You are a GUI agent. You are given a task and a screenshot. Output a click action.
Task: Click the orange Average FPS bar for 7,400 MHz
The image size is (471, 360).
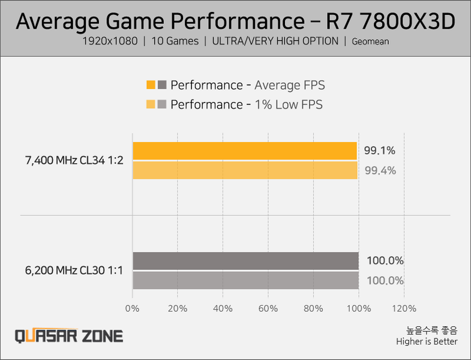(245, 151)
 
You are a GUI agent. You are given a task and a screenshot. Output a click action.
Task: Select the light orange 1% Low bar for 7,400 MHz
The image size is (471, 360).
(245, 170)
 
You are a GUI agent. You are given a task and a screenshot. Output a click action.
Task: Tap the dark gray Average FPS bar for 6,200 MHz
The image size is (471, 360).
(245, 261)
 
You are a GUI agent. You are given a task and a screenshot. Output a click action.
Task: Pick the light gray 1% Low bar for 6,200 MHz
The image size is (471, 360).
(245, 280)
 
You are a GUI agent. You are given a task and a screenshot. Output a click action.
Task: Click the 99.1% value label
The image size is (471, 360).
(380, 151)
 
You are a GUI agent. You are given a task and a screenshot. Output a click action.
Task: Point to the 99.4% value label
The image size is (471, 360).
(380, 170)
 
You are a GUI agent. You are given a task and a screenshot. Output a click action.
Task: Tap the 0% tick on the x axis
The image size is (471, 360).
(132, 308)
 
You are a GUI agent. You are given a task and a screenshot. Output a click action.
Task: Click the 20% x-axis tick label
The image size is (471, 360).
(177, 308)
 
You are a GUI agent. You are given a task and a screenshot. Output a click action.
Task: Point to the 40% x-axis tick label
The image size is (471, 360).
(223, 308)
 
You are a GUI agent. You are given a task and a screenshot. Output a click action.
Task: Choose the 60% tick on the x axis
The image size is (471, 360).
(268, 308)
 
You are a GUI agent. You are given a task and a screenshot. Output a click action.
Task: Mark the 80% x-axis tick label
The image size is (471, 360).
(313, 308)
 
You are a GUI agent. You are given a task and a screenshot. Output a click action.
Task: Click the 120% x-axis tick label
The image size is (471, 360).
(404, 308)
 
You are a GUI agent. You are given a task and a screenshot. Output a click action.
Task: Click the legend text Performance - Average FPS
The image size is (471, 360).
(247, 85)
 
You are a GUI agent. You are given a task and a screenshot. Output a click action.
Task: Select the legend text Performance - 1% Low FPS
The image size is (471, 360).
(246, 104)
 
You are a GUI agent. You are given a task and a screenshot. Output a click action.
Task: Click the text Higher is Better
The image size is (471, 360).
(427, 341)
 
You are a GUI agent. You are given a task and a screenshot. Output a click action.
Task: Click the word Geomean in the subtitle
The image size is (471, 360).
(370, 42)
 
